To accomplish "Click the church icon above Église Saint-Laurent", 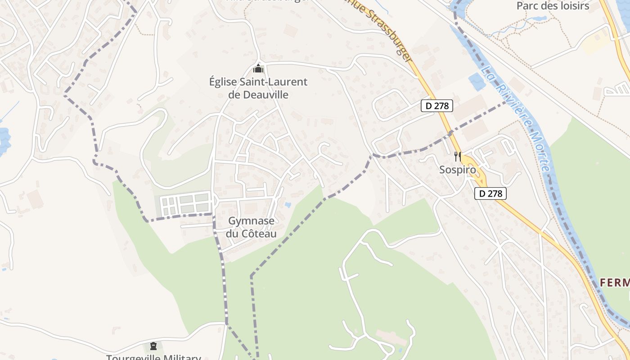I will [x=258, y=69].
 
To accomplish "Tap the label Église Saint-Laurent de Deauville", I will [x=258, y=88].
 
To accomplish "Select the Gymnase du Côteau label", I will [x=251, y=227].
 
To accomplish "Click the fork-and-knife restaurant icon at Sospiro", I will [x=457, y=157].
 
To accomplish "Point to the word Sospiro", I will [x=457, y=170].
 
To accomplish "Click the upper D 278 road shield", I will [x=436, y=106].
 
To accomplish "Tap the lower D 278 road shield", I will [x=490, y=193].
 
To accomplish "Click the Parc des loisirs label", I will [x=553, y=6].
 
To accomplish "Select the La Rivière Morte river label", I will [x=517, y=119].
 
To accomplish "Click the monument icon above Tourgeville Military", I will [x=153, y=346].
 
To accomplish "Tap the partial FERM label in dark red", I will [x=615, y=283].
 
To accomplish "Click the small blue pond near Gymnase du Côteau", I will [x=288, y=205].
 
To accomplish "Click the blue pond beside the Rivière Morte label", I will [x=477, y=82].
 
